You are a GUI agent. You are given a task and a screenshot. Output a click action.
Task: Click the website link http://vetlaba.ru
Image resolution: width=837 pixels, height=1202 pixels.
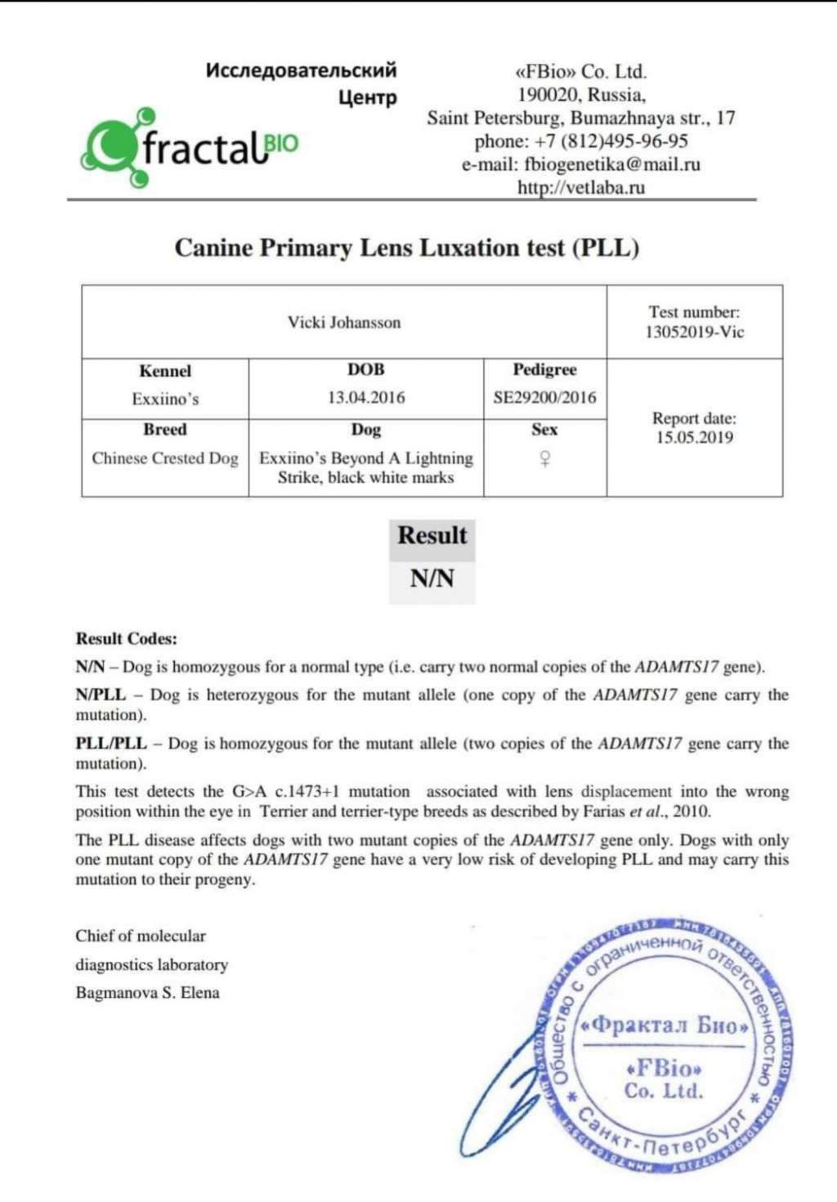(581, 187)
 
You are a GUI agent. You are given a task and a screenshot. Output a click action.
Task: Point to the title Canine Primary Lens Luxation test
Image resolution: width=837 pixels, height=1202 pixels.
(406, 248)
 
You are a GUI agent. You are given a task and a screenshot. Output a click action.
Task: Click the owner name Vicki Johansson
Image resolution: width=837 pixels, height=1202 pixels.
(344, 322)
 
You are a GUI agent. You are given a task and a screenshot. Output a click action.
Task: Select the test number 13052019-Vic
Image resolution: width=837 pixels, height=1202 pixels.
(694, 333)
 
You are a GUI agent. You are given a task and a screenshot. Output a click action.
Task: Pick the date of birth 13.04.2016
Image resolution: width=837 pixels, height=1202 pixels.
(366, 398)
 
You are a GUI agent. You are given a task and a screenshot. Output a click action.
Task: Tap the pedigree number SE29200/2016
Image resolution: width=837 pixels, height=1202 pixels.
(544, 398)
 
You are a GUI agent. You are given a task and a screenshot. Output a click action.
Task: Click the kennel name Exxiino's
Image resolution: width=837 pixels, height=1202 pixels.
(165, 400)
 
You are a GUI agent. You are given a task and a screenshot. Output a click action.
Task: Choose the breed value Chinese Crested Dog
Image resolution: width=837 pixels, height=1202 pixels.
(165, 458)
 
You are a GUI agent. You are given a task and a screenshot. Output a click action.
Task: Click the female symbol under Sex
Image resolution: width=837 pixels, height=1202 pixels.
(544, 459)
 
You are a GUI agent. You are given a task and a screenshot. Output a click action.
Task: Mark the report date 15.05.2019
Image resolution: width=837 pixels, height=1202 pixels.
(694, 437)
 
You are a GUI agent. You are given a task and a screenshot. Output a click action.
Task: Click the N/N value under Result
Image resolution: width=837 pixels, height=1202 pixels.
(432, 579)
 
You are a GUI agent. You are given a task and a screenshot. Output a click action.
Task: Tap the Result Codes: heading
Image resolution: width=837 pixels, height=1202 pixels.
(126, 639)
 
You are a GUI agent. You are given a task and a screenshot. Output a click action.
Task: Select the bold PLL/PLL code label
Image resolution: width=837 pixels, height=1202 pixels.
(111, 744)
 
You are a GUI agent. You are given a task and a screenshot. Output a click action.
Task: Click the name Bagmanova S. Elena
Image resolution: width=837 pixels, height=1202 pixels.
(147, 993)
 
